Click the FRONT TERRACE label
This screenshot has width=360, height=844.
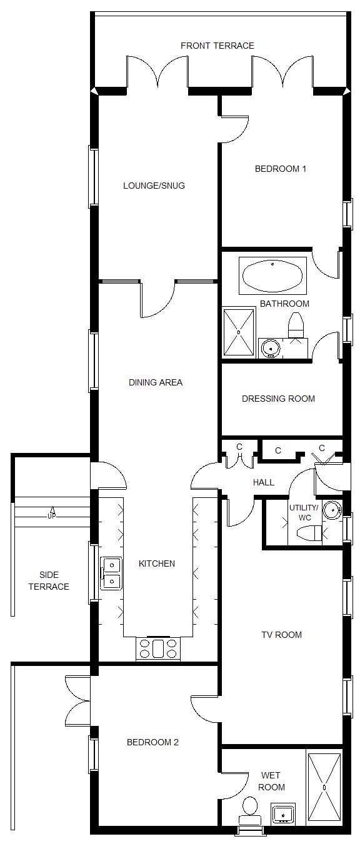pyautogui.click(x=217, y=46)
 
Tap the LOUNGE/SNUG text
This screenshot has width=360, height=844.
pyautogui.click(x=154, y=186)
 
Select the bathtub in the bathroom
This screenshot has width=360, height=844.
pyautogui.click(x=272, y=276)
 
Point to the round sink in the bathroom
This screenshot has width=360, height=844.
pyautogui.click(x=270, y=349)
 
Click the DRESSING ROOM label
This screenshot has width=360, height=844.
pyautogui.click(x=278, y=399)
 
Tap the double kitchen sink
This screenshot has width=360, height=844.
pyautogui.click(x=112, y=573)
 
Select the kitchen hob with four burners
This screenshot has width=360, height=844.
pyautogui.click(x=158, y=648)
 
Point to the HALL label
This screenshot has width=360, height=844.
pyautogui.click(x=264, y=482)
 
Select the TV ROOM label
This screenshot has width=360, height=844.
pyautogui.click(x=282, y=635)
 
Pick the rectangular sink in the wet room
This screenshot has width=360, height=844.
pyautogui.click(x=282, y=814)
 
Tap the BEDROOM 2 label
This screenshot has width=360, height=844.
pyautogui.click(x=152, y=742)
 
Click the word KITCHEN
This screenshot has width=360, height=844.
pyautogui.click(x=157, y=563)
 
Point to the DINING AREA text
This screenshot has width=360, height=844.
pyautogui.click(x=156, y=382)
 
